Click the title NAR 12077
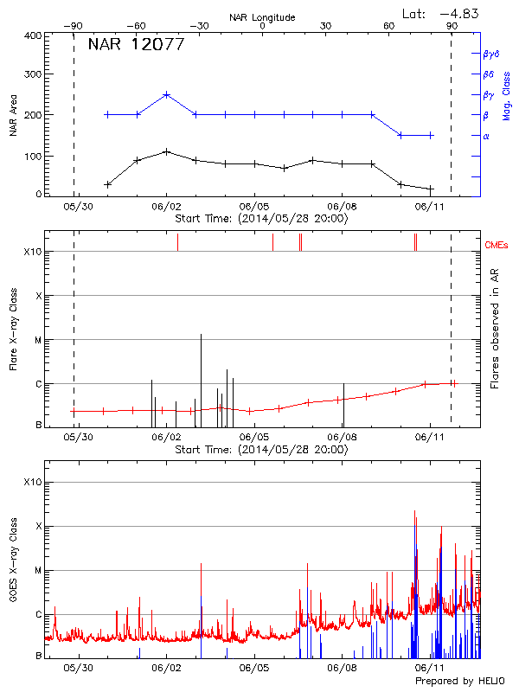click(136, 45)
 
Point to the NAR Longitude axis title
click(262, 16)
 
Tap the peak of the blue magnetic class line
click(166, 94)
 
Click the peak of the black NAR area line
click(166, 151)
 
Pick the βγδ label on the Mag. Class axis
click(491, 54)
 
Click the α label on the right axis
click(486, 136)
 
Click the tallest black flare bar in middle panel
click(201, 334)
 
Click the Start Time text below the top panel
click(261, 219)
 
